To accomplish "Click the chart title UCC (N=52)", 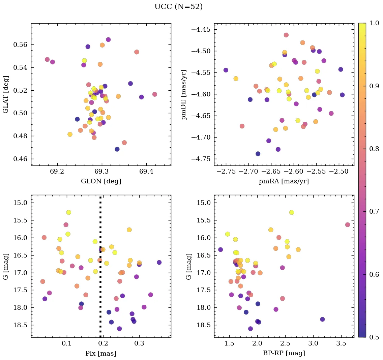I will pyautogui.click(x=178, y=7).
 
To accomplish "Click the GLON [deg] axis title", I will pyautogui.click(x=101, y=181).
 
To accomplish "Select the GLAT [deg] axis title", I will pyautogui.click(x=6, y=94).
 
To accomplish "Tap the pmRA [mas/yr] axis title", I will pyautogui.click(x=284, y=181).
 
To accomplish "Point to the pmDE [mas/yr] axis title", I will pyautogui.click(x=184, y=95).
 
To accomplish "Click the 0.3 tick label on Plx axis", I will pyautogui.click(x=139, y=343).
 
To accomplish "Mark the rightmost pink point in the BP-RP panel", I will pyautogui.click(x=348, y=225).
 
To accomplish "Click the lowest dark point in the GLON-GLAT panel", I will pyautogui.click(x=117, y=149).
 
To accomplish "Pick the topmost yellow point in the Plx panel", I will pyautogui.click(x=69, y=212).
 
